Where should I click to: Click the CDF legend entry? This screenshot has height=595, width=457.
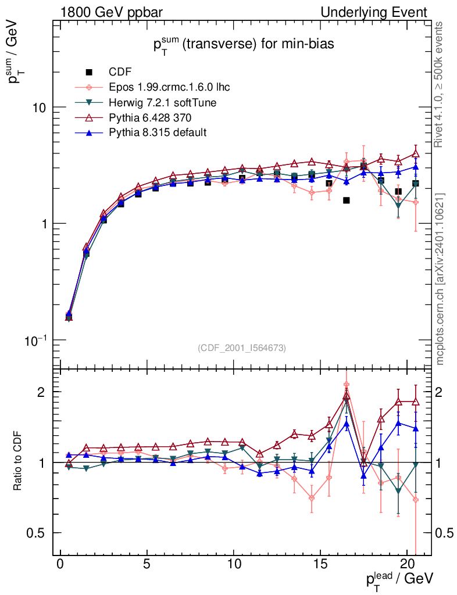[120, 72]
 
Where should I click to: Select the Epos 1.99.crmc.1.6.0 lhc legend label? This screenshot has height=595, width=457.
[169, 87]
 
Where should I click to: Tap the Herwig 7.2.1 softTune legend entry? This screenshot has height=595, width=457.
[160, 102]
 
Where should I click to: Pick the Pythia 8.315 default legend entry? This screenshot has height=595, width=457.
[158, 132]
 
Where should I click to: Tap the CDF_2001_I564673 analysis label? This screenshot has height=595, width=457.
[242, 347]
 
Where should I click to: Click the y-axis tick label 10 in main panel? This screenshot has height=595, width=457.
[40, 108]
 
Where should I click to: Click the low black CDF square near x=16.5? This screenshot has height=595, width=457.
[347, 200]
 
